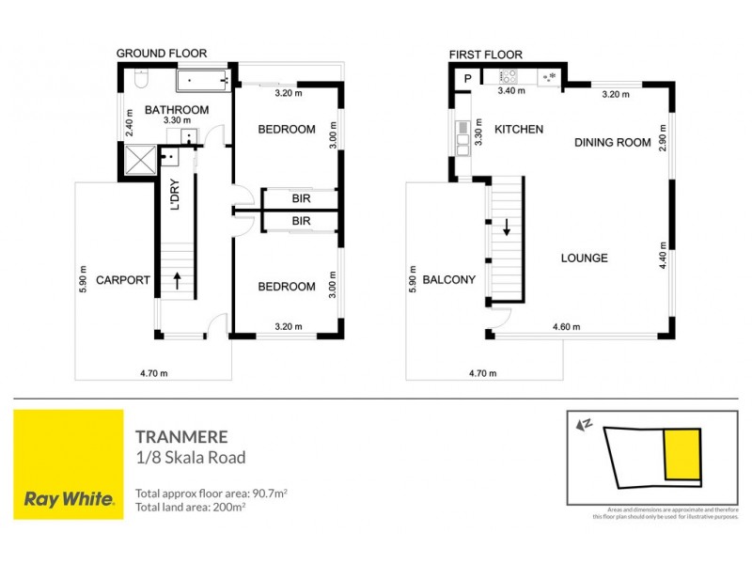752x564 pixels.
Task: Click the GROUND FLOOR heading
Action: coord(161,54)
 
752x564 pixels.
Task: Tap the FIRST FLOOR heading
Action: coord(485,55)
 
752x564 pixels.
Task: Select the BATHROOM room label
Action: coord(176,110)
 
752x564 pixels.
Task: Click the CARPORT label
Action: coord(123,279)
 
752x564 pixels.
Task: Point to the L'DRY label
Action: coord(174,195)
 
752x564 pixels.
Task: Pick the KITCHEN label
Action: coord(519,129)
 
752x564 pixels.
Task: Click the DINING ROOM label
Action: coord(613,143)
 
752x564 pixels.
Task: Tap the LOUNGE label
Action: coord(584,258)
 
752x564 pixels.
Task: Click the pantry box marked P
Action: coord(466,78)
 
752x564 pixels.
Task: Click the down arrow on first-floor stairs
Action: coord(508,227)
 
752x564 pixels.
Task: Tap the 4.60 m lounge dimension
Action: coord(567,327)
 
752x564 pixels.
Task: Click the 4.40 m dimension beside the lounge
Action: coord(663,255)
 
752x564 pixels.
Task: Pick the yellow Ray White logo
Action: coord(68,464)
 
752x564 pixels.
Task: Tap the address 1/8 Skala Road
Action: coord(191,458)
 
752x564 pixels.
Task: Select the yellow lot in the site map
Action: coord(681,452)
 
